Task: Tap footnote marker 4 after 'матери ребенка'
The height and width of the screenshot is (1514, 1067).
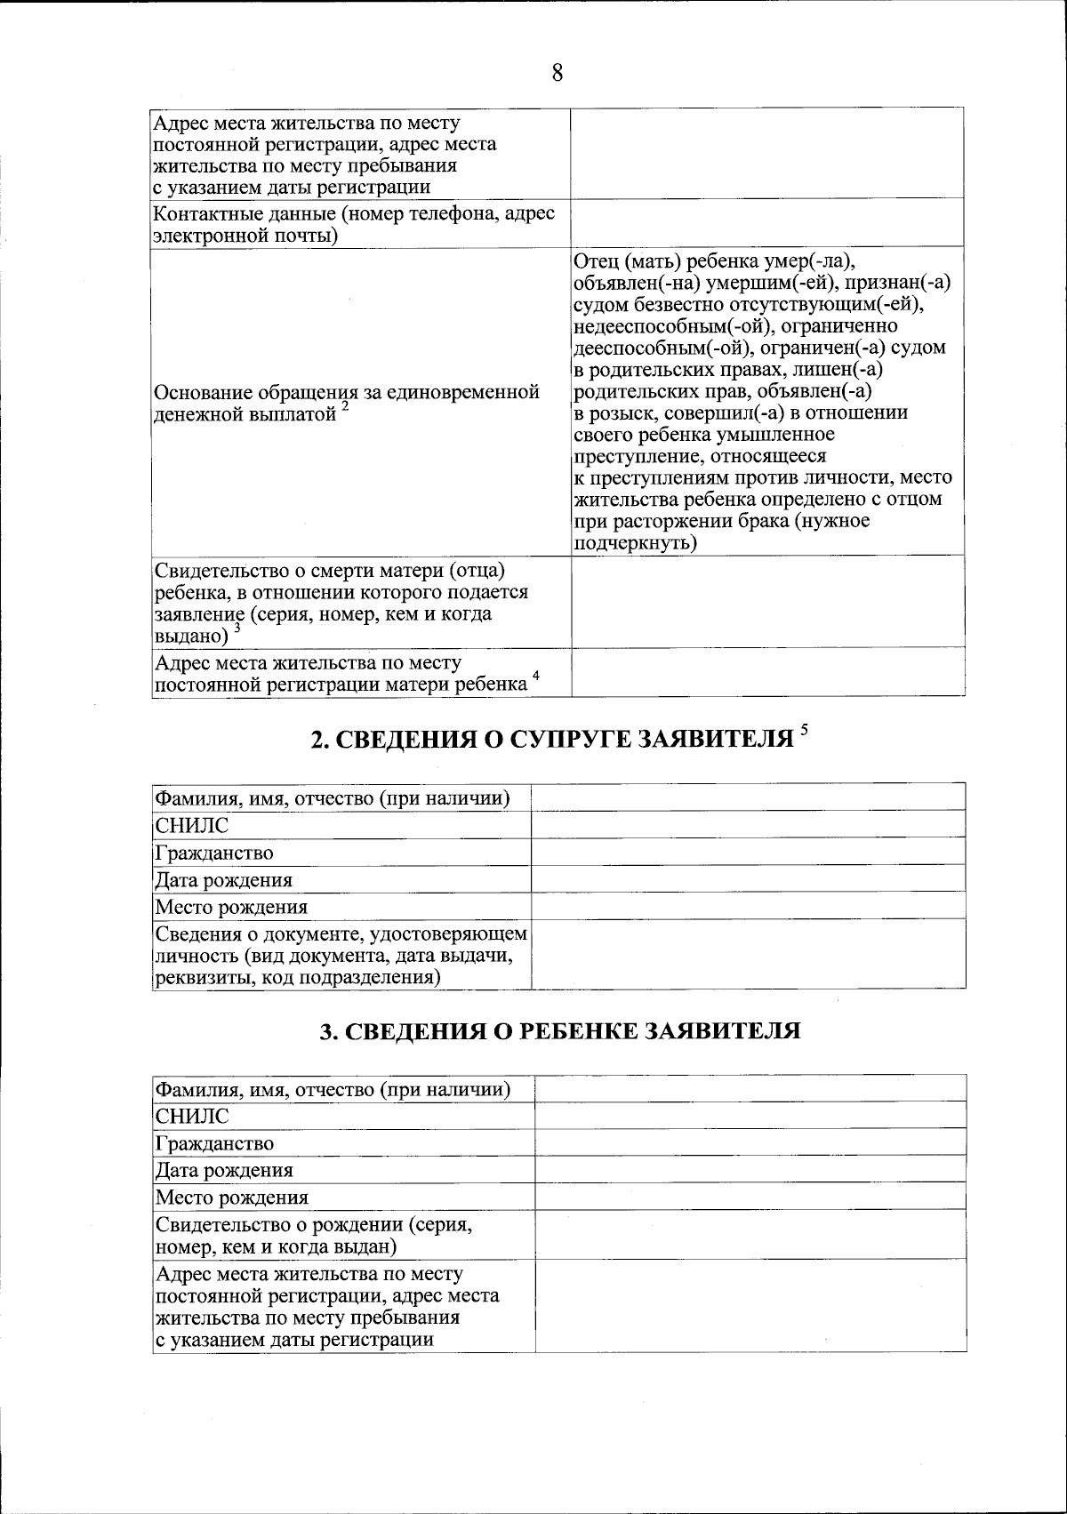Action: [x=536, y=677]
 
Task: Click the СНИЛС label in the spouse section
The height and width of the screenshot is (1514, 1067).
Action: [x=192, y=825]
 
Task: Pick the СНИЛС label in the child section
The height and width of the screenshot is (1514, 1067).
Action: [x=192, y=1116]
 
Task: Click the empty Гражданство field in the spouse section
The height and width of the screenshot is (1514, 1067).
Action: [x=748, y=852]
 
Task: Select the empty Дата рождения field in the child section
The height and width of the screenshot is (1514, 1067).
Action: [x=750, y=1169]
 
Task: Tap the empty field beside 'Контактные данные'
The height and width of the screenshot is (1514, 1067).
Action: [x=766, y=222]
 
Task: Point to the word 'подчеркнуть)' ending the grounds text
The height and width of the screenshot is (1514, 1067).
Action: [x=635, y=542]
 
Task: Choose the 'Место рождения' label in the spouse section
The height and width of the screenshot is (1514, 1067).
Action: [x=231, y=907]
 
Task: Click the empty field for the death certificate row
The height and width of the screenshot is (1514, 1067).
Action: [x=766, y=601]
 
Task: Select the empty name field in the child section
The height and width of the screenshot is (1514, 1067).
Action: [x=750, y=1088]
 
